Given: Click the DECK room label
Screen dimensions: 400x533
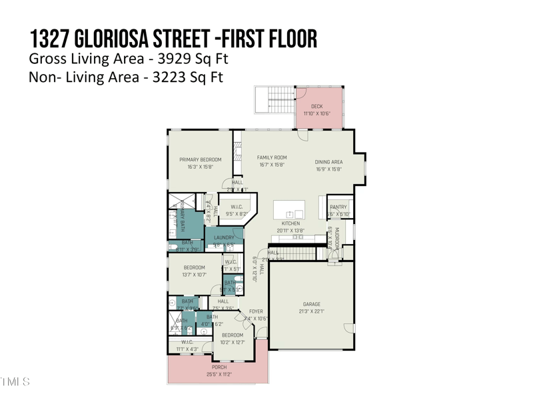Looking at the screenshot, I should point(316,106).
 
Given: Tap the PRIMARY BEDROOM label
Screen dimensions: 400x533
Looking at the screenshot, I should point(200,160).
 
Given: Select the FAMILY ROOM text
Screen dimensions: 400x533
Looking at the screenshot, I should point(272,158).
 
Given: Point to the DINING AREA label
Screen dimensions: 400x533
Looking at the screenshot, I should point(328,162).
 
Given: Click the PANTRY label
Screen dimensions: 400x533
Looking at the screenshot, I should point(338,207).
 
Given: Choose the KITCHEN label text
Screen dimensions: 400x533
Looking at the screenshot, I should point(290,223).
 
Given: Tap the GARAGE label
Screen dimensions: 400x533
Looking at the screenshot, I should point(312,304).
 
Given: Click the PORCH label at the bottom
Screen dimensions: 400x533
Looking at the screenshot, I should point(219,367).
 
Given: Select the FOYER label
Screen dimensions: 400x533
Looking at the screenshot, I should point(256,311).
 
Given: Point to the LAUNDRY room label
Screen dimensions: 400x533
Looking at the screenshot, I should point(224,238).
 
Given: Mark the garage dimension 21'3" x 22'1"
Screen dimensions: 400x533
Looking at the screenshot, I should point(312,311).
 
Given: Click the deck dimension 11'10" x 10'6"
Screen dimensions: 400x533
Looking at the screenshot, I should point(316,113).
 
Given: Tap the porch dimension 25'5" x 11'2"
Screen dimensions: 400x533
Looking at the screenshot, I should point(219,375).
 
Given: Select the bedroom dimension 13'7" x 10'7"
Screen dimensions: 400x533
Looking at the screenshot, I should point(194,275).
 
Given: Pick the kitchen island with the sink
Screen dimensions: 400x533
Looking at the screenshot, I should point(290,209).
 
